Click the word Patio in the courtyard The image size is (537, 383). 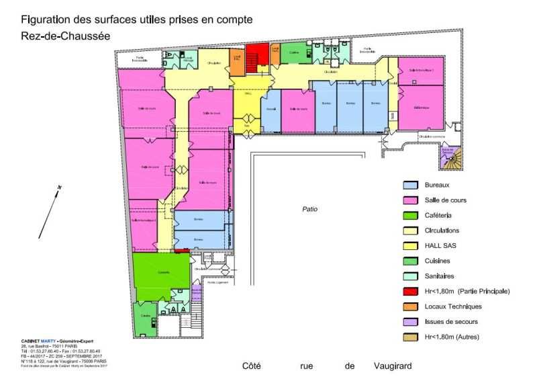click(309, 210)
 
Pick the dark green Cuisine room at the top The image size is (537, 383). click(294, 53)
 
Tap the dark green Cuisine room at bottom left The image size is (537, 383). click(144, 316)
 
